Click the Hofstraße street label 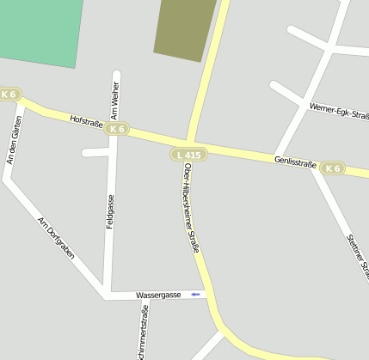tap(86, 121)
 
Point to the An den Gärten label tap(13, 139)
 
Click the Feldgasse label tap(110, 211)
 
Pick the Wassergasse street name tap(159, 295)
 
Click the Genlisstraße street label tap(296, 162)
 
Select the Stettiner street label tap(356, 255)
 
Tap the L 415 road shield tap(187, 155)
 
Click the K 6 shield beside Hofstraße tap(118, 129)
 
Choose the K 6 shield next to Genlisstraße tap(332, 168)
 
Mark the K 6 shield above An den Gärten tap(9, 94)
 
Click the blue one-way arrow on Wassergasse tap(196, 295)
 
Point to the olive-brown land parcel tap(184, 27)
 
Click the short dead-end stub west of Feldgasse tap(95, 153)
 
